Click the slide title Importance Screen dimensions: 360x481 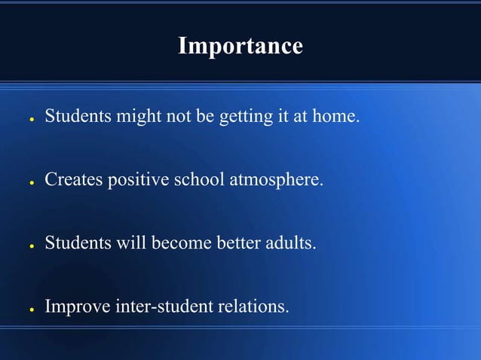[x=240, y=46]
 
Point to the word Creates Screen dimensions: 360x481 [x=73, y=181]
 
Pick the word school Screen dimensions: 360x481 [x=200, y=181]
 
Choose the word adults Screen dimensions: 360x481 [x=289, y=244]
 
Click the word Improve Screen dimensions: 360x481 [x=78, y=307]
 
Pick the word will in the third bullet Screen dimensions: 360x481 [x=136, y=244]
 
